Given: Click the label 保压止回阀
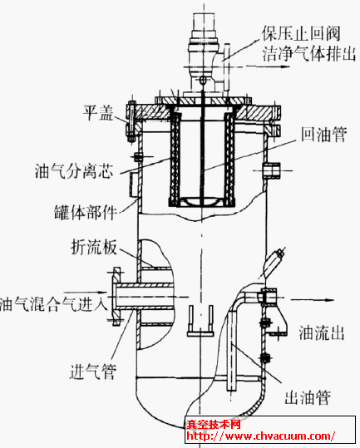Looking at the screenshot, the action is (x=301, y=33).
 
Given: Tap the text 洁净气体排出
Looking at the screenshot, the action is (x=309, y=53).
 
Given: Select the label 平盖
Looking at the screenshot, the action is (x=98, y=112).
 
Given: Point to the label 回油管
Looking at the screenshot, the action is (x=323, y=134).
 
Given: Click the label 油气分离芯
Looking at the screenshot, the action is (x=74, y=171).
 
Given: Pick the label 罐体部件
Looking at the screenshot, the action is (x=85, y=212).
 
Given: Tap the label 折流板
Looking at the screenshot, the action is (x=94, y=247).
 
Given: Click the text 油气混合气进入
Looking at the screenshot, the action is (x=53, y=303).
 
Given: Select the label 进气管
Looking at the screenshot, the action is (x=93, y=372).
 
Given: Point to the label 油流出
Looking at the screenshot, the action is (x=321, y=332).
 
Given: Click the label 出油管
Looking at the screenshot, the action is (x=308, y=397).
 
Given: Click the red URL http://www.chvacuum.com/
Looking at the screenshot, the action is (x=260, y=436).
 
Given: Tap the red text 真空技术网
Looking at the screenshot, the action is (x=214, y=425).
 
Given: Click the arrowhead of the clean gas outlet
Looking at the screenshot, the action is (x=284, y=66).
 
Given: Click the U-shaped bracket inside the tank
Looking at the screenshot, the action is (x=200, y=321).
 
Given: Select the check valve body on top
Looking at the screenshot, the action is (x=204, y=54).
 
